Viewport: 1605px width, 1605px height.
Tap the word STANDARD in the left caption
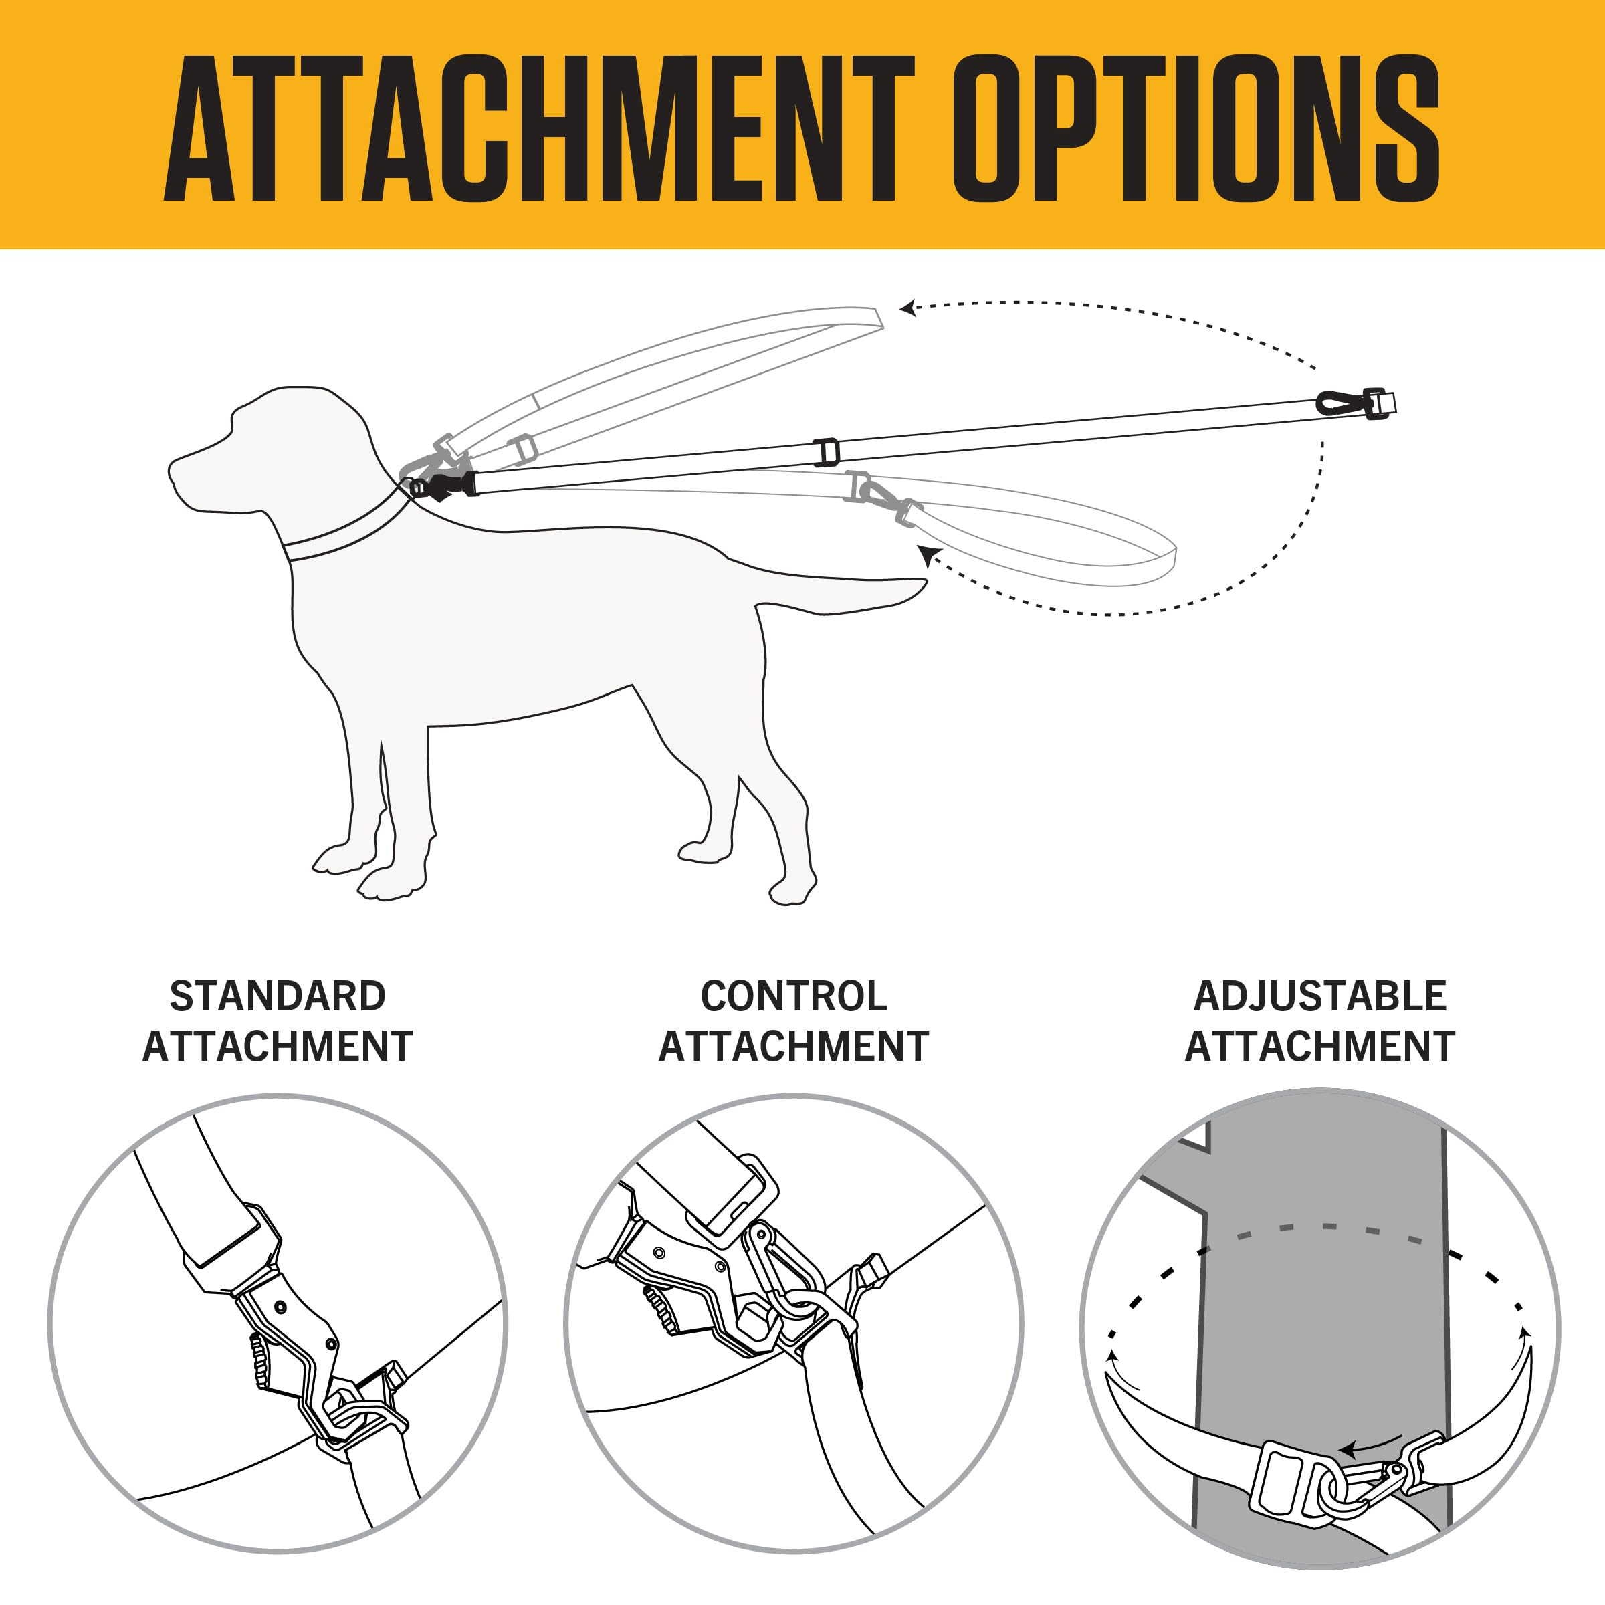point(278,996)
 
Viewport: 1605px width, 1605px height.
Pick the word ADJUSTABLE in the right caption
point(1320,996)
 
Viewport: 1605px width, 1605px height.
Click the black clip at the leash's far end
point(1340,405)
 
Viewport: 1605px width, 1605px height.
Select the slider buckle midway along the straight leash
point(826,452)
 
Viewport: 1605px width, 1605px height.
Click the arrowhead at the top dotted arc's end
point(909,309)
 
